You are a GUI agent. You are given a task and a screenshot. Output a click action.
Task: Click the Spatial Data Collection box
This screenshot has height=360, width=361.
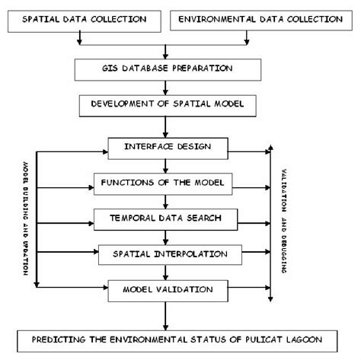(80, 20)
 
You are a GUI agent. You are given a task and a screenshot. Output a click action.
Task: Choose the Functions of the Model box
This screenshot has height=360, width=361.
(163, 182)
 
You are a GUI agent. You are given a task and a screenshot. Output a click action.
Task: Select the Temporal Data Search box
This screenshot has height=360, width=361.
(163, 218)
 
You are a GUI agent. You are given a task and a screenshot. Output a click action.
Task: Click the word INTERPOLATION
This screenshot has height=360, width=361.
(187, 253)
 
